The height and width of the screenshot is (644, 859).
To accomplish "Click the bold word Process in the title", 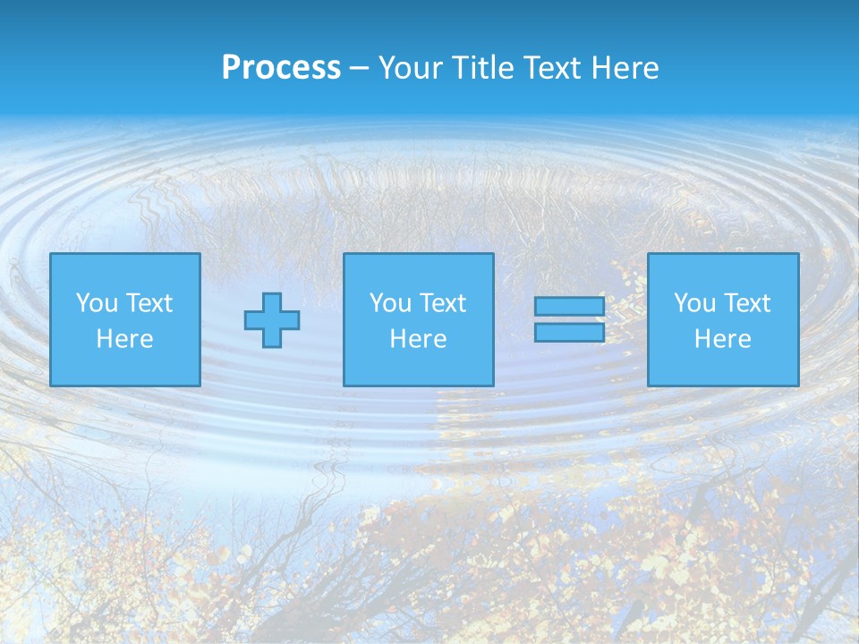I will click(x=281, y=68).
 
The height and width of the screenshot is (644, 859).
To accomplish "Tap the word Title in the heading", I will click(x=484, y=68).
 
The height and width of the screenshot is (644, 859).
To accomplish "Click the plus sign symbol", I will click(x=272, y=319).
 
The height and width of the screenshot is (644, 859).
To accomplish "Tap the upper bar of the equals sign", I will click(x=569, y=307).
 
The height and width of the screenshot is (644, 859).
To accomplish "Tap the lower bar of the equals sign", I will click(x=569, y=333).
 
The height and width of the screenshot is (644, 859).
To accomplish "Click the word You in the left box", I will click(x=97, y=303).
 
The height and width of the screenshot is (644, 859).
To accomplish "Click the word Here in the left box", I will click(x=125, y=339).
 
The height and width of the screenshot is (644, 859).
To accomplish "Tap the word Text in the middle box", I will click(x=443, y=303).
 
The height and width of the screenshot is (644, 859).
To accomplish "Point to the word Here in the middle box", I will click(x=419, y=339).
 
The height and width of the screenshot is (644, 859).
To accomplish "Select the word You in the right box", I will click(x=694, y=303).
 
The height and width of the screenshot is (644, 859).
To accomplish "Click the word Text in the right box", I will click(x=747, y=303).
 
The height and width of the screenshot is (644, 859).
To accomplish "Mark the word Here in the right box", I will click(x=723, y=339).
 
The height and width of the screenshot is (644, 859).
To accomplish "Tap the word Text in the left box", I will click(x=149, y=303).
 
